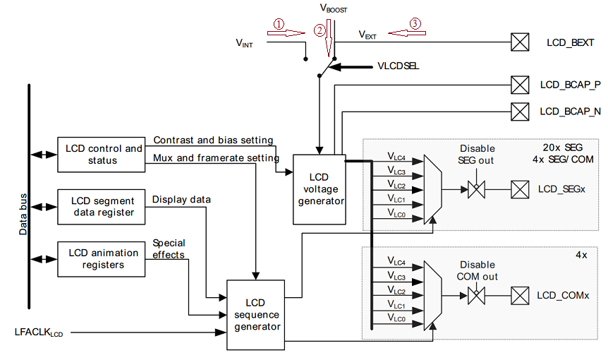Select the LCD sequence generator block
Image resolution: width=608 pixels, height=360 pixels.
(254, 314)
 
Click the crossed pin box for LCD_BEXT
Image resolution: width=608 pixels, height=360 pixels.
(520, 43)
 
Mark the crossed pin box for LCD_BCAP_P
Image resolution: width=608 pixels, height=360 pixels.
(520, 85)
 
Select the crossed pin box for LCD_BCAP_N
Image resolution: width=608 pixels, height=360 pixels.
(520, 111)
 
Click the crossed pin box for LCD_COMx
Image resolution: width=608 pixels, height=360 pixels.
(520, 294)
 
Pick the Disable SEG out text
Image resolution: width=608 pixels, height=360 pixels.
(477, 154)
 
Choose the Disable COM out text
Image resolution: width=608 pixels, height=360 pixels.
(477, 270)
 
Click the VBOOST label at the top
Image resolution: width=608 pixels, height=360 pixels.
(334, 9)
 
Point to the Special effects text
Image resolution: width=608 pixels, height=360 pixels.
(169, 248)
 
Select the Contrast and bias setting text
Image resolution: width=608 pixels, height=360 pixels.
(213, 140)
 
